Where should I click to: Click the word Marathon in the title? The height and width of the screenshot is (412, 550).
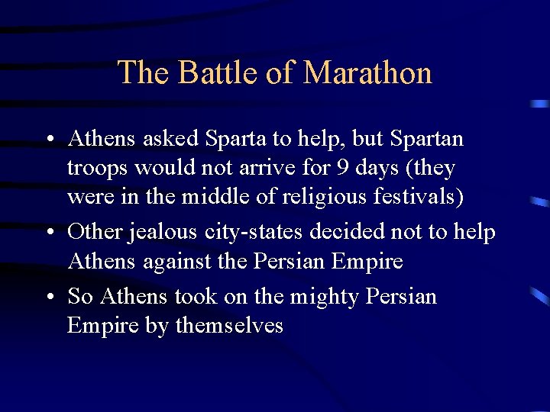point(367,73)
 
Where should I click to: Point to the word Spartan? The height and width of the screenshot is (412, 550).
point(426,140)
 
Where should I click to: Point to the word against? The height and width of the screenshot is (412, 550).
point(176,262)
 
